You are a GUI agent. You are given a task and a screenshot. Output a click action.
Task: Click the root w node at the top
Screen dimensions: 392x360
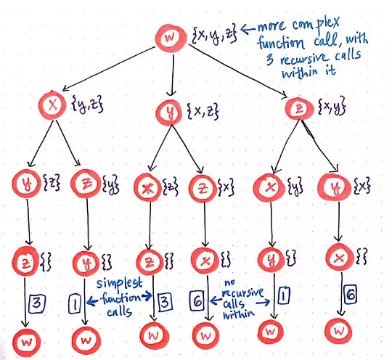click(171, 38)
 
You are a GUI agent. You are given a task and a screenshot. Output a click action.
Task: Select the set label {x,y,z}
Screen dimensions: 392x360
click(214, 36)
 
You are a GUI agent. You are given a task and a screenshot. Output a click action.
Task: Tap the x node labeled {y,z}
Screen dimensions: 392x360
click(52, 105)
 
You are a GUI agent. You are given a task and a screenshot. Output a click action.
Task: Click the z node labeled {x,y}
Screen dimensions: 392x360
click(300, 108)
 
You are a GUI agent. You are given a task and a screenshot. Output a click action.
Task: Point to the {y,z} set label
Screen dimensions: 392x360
click(88, 104)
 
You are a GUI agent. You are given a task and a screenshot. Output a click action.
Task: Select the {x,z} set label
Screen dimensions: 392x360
click(203, 111)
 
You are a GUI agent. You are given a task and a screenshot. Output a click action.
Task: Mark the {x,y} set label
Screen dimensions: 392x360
click(332, 105)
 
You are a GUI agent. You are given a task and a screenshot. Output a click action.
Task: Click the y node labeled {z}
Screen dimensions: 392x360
click(26, 184)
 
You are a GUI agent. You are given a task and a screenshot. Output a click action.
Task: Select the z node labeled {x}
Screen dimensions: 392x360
click(203, 189)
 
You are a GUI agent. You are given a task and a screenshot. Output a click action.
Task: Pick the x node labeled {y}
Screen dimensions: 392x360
click(269, 188)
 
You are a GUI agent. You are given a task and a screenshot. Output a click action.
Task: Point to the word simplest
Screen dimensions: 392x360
click(119, 284)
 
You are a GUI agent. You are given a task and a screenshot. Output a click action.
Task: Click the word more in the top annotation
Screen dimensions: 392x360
click(271, 26)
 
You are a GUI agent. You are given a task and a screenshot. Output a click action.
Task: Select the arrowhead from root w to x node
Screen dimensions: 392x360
click(65, 89)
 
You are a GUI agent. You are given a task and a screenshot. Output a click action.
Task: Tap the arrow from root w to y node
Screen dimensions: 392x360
click(173, 75)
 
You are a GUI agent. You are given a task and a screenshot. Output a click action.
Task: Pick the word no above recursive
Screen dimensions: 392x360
click(229, 282)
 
